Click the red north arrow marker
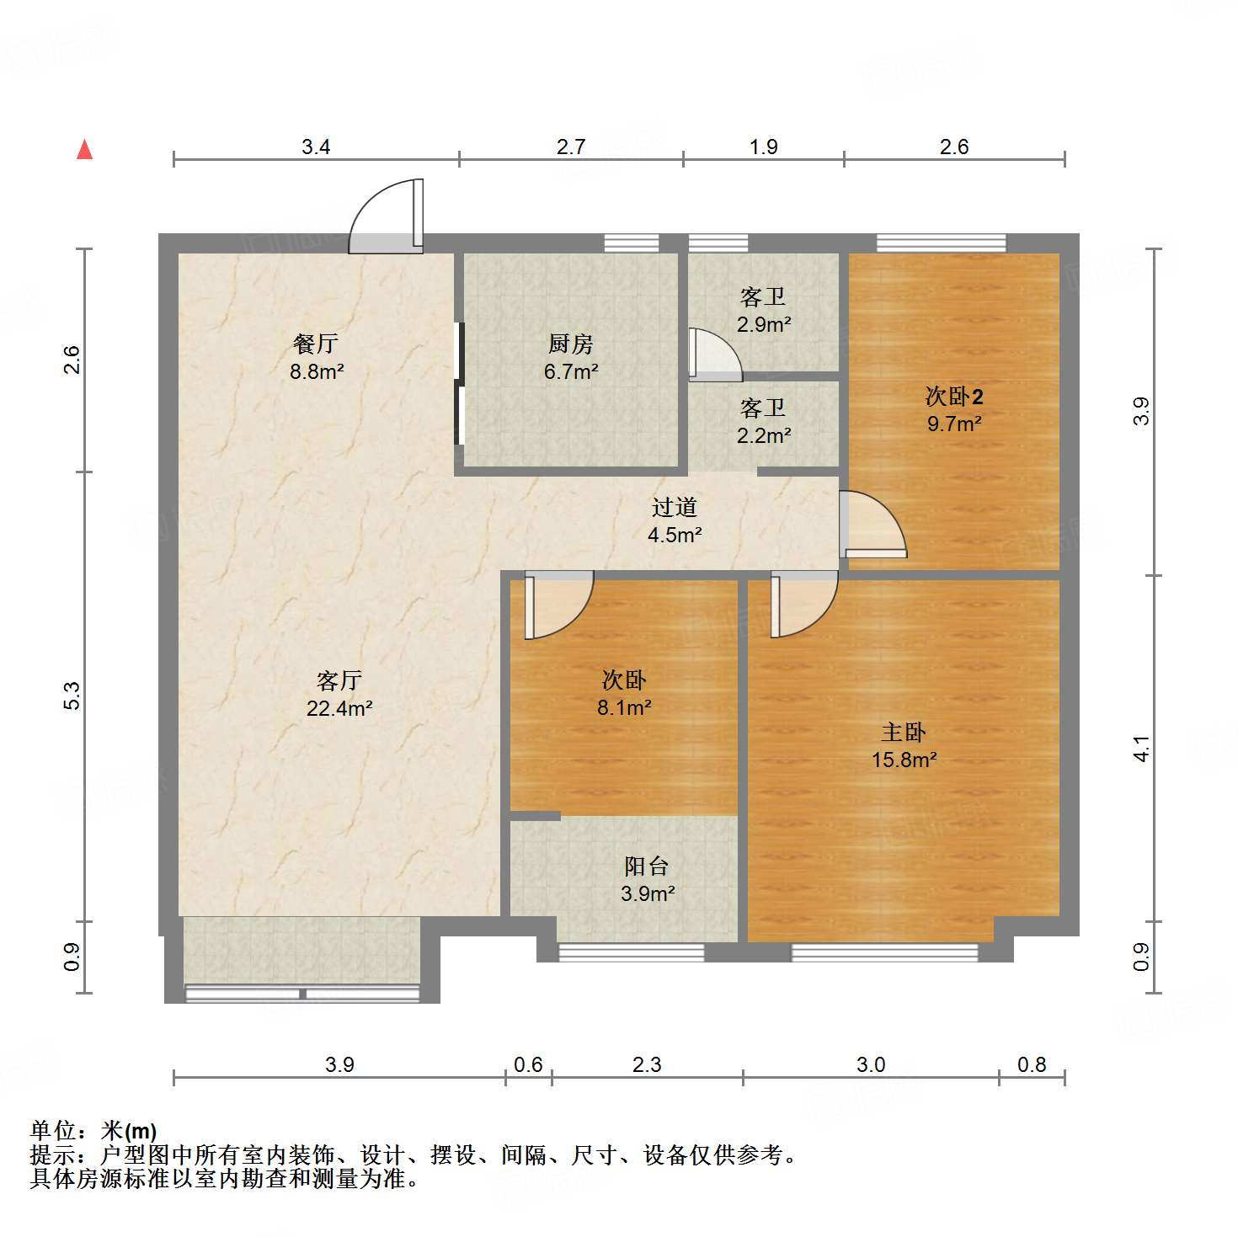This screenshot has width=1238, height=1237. [84, 150]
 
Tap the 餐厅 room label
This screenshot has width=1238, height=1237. [316, 344]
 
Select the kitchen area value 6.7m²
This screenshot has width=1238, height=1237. [571, 371]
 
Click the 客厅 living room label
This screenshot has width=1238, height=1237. [339, 680]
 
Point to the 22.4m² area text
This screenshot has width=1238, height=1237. [339, 708]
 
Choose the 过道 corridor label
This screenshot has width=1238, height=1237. [675, 507]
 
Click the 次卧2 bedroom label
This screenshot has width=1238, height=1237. [954, 396]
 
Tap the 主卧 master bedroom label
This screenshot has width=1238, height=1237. [904, 732]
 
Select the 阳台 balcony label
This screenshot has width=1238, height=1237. [647, 866]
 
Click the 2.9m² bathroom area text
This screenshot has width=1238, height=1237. [764, 324]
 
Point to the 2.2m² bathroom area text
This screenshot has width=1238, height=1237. [764, 435]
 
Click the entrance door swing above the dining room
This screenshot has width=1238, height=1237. [386, 217]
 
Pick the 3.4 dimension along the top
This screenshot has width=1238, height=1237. [316, 147]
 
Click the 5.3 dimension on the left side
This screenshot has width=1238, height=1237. [72, 696]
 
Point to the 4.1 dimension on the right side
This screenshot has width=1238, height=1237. [1141, 749]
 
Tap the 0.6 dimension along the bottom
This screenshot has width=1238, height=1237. [528, 1064]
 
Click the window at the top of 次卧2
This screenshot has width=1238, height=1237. [941, 243]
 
